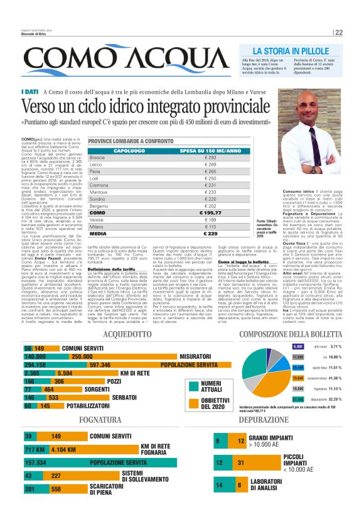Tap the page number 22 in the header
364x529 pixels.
(x=338, y=33)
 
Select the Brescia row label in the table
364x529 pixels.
(x=97, y=157)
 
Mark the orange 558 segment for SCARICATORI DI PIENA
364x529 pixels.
(x=56, y=488)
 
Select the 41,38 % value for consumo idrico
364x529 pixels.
(x=336, y=378)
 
